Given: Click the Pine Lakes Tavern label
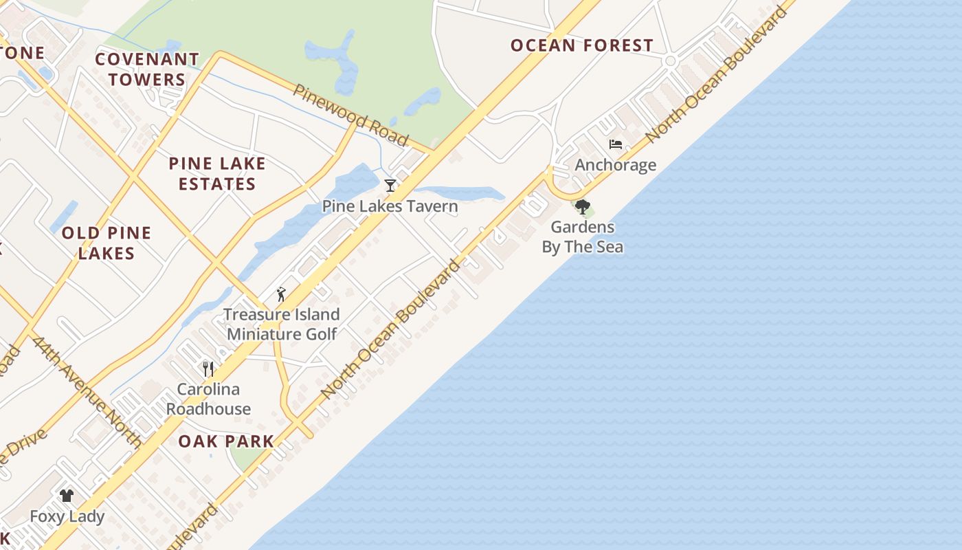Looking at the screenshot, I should pos(390,206).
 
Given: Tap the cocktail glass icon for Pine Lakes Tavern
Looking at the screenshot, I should pos(390,185).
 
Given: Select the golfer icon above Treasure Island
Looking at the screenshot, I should pos(281,294).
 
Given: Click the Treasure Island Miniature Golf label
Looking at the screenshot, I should pos(282,324).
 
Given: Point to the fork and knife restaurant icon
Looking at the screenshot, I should pos(209,368).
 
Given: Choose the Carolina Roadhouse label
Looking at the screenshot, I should pos(208,399).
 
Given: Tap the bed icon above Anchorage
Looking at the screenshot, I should pos(616,144).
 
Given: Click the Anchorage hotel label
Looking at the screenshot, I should pos(616,165).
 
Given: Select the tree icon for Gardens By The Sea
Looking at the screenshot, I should pos(583,206).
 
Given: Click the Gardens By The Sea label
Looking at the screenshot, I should pos(583,236).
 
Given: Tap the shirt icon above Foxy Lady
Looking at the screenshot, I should pos(67,495).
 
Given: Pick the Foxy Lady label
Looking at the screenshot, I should pos(67,516).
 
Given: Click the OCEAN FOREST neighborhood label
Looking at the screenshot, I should pos(581,46).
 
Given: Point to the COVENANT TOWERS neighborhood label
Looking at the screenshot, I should pos(146,69).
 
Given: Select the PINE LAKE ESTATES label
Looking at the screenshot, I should pos(217,173).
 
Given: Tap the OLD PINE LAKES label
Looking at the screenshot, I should pos(106,243).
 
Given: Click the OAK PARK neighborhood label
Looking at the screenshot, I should pos(226,441).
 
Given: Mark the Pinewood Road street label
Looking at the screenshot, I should pos(351,115).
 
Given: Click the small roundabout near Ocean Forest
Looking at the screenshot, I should pos(670,61).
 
